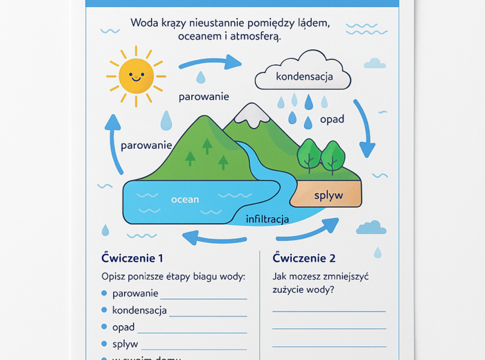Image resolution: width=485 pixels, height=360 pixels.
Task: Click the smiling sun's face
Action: click(x=135, y=75)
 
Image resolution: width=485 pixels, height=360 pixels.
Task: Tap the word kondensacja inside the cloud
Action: click(x=304, y=76)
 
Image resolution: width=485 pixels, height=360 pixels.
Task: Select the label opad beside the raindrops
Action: click(x=332, y=119)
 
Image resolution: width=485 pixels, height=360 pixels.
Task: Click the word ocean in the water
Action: click(x=185, y=199)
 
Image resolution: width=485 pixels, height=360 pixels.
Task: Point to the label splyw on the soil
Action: click(x=328, y=195)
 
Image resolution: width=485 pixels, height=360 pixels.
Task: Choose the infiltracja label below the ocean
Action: click(x=267, y=219)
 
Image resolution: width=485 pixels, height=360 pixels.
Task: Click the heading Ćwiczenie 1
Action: click(x=132, y=258)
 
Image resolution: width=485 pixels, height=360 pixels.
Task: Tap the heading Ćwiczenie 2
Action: click(x=304, y=258)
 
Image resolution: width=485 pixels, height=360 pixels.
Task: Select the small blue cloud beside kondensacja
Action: click(x=375, y=64)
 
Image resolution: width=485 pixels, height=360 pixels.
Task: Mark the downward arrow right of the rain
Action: click(x=364, y=128)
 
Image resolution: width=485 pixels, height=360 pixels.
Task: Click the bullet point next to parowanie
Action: click(x=105, y=293)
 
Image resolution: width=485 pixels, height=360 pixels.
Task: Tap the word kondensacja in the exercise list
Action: click(x=139, y=310)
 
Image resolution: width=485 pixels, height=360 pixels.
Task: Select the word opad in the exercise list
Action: click(x=123, y=327)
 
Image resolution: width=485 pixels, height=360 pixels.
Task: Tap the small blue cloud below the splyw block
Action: click(x=371, y=228)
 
